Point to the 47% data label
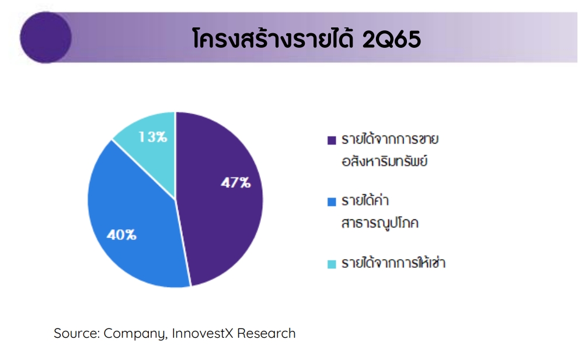pos(235,183)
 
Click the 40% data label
pos(121,235)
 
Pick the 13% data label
pos(152,137)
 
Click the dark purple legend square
pos(332,141)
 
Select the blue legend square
pos(332,202)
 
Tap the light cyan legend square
pos(332,264)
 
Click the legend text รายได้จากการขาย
pos(390,139)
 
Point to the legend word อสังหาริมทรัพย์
pos(385,160)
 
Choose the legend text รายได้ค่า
pos(365,200)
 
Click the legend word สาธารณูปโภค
pos(380,223)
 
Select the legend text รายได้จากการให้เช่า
pos(394,263)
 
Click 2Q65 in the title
pos(392,39)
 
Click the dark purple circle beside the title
pos(46,37)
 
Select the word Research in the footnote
pos(266,333)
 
